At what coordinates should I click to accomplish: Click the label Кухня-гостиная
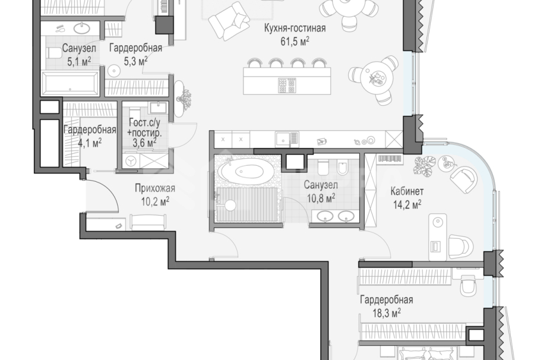295,28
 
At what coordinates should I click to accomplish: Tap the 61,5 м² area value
295,41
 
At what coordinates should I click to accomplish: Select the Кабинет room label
407,191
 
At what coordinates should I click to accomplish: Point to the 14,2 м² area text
407,204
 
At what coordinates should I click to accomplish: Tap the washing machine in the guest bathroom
131,160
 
